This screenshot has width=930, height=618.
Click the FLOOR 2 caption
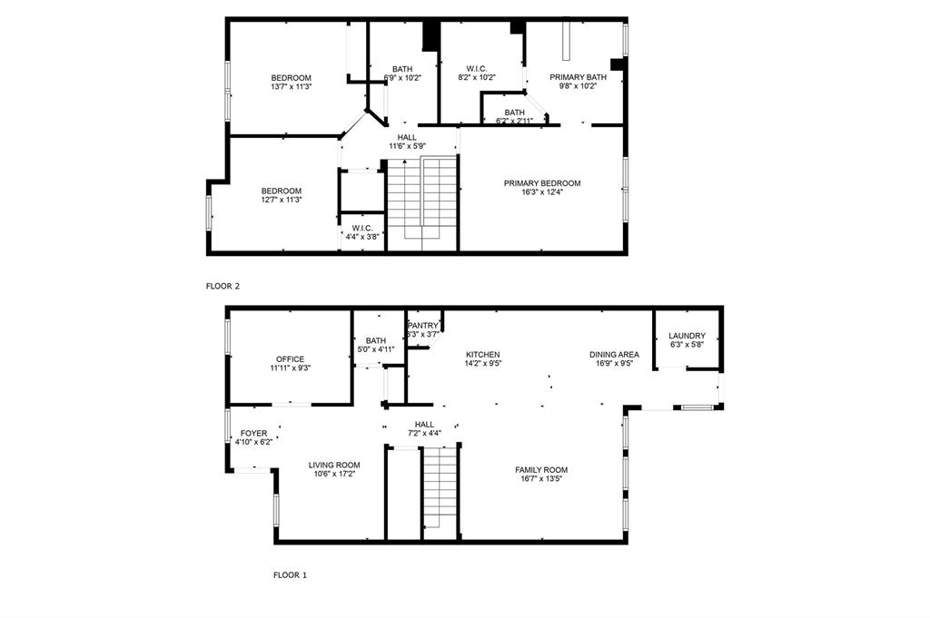223,286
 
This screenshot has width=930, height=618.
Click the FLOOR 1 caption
291,574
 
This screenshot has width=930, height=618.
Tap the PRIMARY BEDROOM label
542,183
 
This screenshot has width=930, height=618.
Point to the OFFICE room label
290,359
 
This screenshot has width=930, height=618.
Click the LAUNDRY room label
687,336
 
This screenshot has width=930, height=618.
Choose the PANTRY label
423,325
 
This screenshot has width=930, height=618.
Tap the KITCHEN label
483,355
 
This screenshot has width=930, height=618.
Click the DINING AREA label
614,355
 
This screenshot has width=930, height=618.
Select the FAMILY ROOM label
541,469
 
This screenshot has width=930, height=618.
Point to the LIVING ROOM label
334,465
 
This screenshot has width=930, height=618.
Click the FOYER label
253,434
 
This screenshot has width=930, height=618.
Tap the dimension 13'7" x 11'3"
291,87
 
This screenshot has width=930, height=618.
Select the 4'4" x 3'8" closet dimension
362,237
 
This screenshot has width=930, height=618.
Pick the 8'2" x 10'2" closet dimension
477,78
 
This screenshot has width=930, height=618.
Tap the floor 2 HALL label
407,137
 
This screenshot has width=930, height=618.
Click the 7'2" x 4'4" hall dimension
424,434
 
